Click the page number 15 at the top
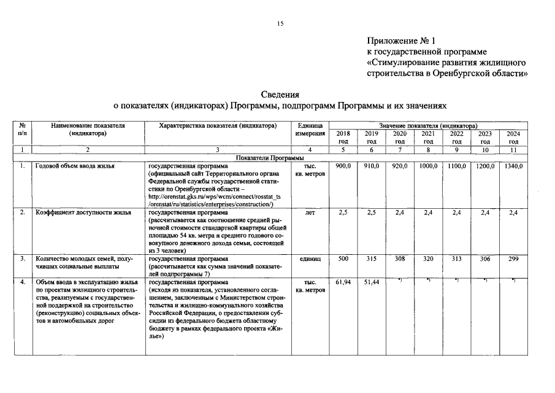pos(280,23)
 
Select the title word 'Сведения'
pos(280,95)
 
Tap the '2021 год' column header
pos(429,138)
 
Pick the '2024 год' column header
pos(514,138)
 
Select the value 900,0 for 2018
pos(343,166)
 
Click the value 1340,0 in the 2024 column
pos(513,166)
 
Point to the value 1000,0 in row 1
pos(428,166)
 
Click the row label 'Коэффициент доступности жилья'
pos(83,212)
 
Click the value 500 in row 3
pos(343,259)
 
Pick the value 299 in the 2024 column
pos(514,259)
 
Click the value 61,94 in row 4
pos(343,282)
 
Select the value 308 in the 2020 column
pos(400,259)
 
